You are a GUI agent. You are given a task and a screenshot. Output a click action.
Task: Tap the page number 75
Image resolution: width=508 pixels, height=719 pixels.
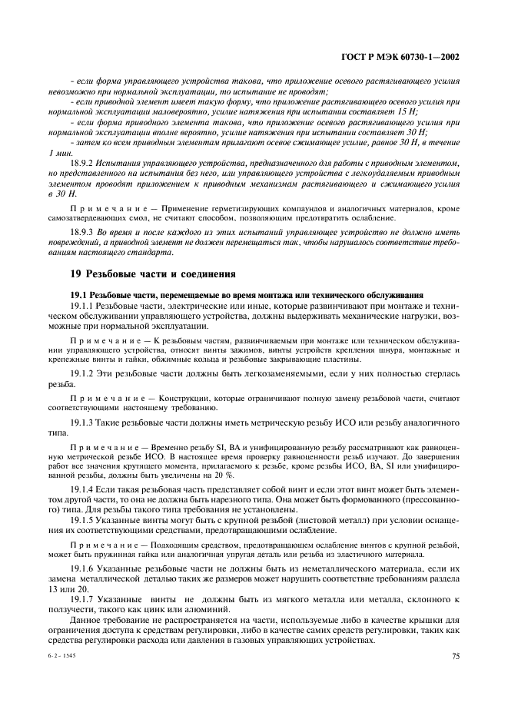pos(456,656)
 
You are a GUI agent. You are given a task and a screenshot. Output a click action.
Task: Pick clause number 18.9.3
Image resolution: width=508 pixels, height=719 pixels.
pos(81,231)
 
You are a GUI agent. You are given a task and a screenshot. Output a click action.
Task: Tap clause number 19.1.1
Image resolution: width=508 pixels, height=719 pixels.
pos(81,306)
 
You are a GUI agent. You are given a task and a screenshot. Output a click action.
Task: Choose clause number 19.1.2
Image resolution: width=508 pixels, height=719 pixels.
pos(81,373)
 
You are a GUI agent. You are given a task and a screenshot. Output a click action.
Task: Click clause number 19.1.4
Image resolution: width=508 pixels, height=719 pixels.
pos(81,489)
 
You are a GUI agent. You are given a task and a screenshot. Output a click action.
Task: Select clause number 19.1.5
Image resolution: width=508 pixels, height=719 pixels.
pos(81,522)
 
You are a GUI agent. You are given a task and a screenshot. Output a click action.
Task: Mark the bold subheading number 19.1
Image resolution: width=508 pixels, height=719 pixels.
pos(79,296)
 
